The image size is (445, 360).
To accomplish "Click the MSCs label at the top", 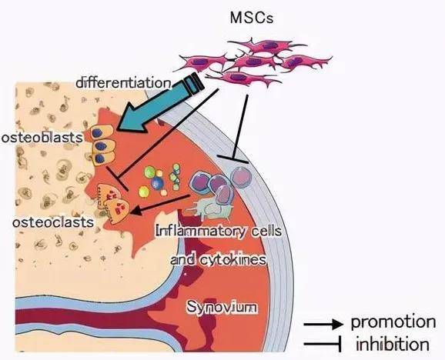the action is coord(252,18).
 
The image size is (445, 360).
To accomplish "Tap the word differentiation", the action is coord(124,83).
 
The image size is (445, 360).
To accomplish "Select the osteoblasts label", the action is coord(42,138).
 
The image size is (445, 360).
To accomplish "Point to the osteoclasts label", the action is coord(53,222).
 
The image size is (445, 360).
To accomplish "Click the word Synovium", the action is coord(222,307).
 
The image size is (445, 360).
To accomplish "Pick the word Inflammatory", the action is coord(200,232).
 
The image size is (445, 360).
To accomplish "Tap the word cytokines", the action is coord(233,259).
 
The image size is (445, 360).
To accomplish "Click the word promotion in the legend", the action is coord(393,322).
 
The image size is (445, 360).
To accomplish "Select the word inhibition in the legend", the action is coord(393,345).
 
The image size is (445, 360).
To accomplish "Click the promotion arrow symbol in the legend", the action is coord(323,323).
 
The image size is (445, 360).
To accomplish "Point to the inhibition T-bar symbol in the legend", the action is coord(323,344).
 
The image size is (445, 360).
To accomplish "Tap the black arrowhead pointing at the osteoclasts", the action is coord(136,210).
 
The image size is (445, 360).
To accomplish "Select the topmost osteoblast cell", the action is coord(102,132).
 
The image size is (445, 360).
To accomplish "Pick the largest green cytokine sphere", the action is coord(149,172).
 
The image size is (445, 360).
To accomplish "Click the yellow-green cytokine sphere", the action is coord(144,192).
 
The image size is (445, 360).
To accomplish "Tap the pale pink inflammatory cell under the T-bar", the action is coord(241,177).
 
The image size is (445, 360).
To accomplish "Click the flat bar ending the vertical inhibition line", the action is coord(233,159).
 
